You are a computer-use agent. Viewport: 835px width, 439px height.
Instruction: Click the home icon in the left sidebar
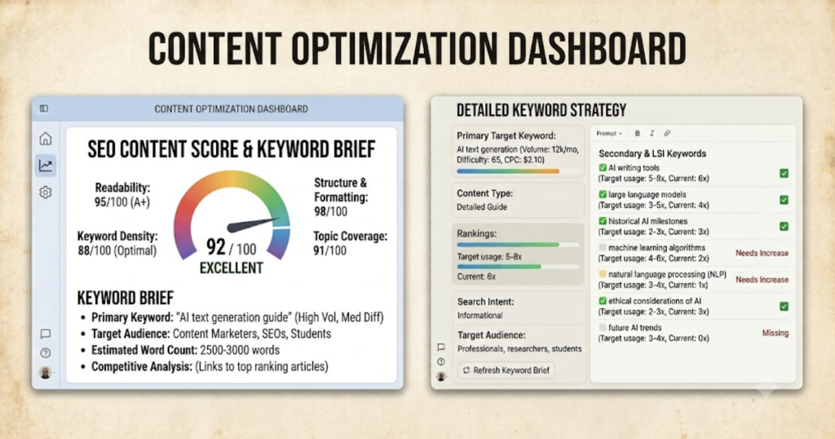[x=46, y=139]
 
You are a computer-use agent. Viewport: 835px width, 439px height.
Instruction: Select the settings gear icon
[x=46, y=193]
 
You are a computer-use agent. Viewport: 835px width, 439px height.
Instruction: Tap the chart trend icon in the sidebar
[x=46, y=166]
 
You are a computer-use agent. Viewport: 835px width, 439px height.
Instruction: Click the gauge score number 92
[x=215, y=246]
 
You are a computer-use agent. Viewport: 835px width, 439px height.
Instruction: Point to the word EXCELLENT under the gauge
[x=231, y=268]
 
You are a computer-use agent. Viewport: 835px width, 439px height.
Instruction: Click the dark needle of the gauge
[x=254, y=225]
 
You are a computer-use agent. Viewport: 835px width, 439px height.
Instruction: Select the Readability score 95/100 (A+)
[x=122, y=202]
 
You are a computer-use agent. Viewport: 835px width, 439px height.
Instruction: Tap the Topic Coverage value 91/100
[x=329, y=251]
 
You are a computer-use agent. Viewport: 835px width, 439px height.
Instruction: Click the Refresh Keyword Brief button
[x=506, y=370]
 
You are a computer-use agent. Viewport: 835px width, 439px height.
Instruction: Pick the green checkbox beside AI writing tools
[x=603, y=168]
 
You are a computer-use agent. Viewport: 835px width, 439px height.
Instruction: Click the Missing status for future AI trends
[x=775, y=333]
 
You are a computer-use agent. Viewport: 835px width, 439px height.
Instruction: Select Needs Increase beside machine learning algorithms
[x=762, y=253]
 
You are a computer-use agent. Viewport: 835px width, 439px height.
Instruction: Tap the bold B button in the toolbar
[x=638, y=133]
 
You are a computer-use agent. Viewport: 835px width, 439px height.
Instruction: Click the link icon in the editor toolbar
[x=667, y=133]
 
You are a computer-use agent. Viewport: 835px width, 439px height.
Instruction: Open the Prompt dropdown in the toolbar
[x=609, y=133]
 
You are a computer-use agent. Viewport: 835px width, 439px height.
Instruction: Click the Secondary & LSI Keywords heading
[x=652, y=153]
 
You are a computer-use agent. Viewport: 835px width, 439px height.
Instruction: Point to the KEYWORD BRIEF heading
[x=126, y=297]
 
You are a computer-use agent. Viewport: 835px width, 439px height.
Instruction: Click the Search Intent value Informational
[x=479, y=316]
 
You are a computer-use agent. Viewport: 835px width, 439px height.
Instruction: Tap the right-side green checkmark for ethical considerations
[x=784, y=306]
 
